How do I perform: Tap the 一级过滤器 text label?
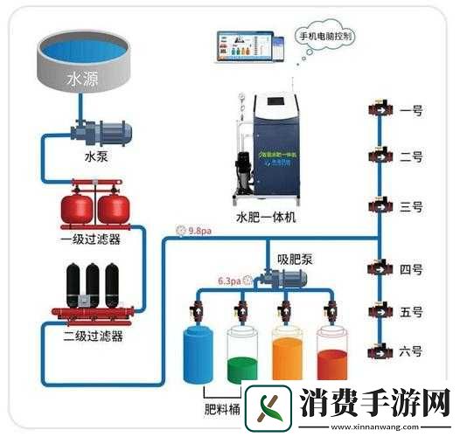[x=91, y=239]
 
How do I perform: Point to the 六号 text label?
[x=410, y=351]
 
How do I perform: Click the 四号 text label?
[x=410, y=269]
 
